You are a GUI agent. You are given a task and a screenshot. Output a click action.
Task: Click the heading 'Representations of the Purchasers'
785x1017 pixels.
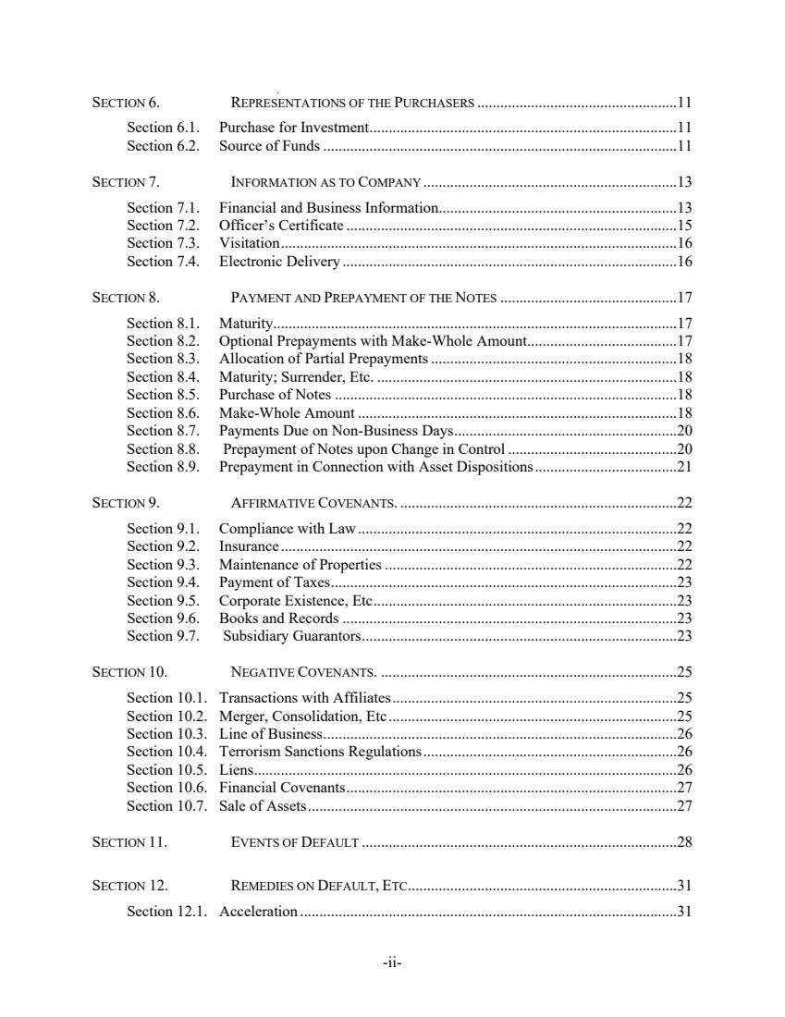[x=352, y=102]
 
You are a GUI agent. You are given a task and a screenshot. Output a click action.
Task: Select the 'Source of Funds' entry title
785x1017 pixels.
[x=269, y=146]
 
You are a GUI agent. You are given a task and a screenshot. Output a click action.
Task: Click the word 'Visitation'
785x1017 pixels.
[x=249, y=243]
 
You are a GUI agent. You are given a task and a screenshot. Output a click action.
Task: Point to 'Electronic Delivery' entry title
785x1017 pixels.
[x=279, y=262]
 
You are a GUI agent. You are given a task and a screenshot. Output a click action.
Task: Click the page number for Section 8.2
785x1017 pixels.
[x=685, y=341]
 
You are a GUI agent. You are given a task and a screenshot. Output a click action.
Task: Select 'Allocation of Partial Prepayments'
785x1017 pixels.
[x=323, y=359]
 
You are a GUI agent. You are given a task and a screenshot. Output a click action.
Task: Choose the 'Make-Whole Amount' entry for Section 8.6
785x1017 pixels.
[x=287, y=413]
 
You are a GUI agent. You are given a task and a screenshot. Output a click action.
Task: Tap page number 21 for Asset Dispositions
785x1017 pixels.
[x=685, y=467]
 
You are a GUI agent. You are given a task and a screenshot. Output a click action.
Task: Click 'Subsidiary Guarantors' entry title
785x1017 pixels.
[x=291, y=636]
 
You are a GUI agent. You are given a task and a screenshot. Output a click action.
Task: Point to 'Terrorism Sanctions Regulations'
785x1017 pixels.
[x=320, y=752]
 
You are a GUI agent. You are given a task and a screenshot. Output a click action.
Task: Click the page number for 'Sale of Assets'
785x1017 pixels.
[x=685, y=806]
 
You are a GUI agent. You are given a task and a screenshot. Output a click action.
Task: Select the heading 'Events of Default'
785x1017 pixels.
[x=294, y=842]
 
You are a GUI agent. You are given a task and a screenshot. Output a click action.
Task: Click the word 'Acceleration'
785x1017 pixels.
[x=258, y=913]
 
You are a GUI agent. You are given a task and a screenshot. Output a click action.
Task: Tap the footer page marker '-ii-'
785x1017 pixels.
[x=393, y=962]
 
